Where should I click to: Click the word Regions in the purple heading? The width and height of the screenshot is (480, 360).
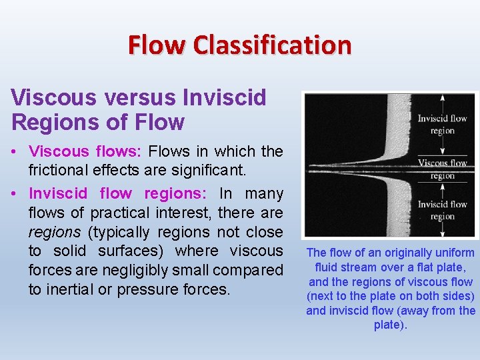pyautogui.click(x=47, y=123)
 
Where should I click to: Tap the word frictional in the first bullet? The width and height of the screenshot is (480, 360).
pyautogui.click(x=61, y=170)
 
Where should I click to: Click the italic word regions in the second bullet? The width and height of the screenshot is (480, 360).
pyautogui.click(x=53, y=232)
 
